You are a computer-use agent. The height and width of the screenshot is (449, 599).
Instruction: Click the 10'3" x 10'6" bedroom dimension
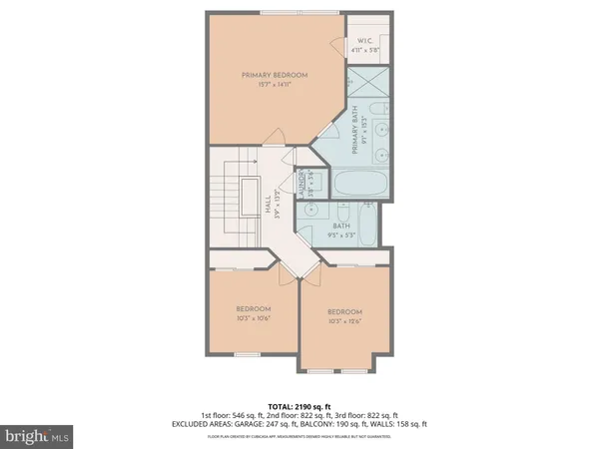pos(253,319)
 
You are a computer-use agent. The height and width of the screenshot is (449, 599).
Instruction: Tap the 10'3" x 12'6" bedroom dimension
pos(344,322)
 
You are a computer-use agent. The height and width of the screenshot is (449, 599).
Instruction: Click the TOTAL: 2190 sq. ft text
pos(299,406)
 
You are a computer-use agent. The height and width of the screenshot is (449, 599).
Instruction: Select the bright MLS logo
pos(38,436)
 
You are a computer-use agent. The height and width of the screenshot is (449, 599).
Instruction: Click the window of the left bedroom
pos(246,354)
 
